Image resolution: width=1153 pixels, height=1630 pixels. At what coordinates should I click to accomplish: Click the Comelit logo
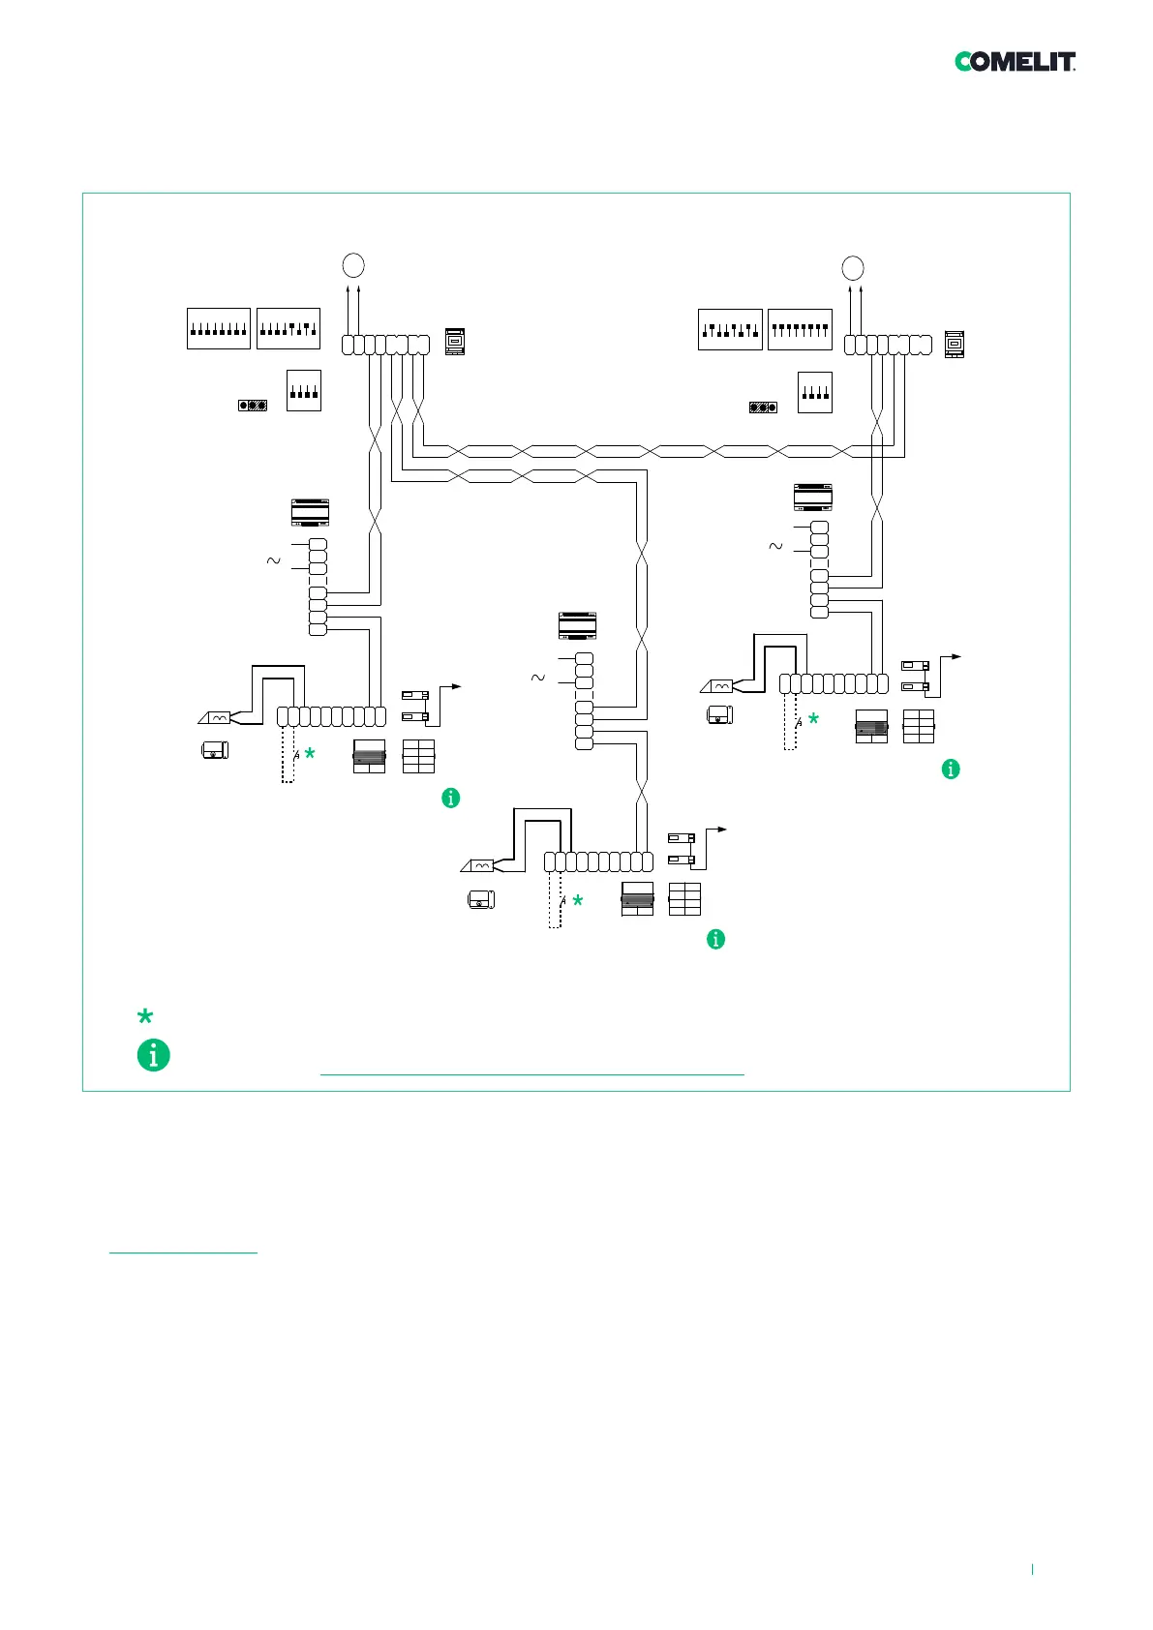pos(1015,62)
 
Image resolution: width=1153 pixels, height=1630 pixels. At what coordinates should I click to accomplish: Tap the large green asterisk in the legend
pos(145,1016)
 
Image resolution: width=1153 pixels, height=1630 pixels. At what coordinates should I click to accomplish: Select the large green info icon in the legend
pos(153,1055)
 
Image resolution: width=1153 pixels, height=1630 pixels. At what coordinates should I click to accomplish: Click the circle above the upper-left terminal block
pos(353,265)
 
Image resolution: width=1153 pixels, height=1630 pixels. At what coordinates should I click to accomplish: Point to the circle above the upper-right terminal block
pos(853,267)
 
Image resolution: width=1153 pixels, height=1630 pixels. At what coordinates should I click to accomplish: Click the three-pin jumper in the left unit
pos(253,405)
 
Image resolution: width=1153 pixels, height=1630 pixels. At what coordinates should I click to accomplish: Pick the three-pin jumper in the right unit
pos(763,407)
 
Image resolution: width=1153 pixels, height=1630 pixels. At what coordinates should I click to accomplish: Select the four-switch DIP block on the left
pos(304,391)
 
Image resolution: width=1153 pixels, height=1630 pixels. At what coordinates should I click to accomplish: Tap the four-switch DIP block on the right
pos(814,392)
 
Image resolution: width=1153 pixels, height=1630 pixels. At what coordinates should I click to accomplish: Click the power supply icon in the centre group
pos(578,626)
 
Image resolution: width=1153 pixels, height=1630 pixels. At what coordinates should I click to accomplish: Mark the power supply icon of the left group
pos(311,511)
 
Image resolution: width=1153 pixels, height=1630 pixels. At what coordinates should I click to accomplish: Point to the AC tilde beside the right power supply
pos(775,546)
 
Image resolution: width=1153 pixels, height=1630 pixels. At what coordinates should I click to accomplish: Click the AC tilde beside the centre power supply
pos(538,678)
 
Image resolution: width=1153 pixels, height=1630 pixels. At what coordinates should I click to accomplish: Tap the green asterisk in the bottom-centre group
pos(578,901)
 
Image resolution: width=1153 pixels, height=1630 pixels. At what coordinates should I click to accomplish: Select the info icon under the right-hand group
pos(951,769)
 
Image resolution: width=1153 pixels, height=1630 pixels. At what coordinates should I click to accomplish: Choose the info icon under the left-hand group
pos(450,798)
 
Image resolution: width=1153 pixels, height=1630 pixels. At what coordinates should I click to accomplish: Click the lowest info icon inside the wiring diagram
pos(715,939)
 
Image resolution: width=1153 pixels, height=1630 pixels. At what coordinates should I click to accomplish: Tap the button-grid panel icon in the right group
pos(919,727)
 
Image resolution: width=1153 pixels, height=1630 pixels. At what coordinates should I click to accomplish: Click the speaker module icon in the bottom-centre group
pos(637,899)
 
